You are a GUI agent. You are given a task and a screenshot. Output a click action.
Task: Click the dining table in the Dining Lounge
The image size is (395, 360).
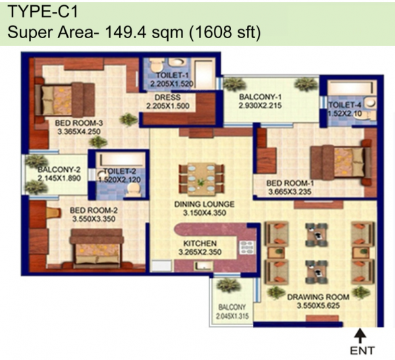pyautogui.click(x=200, y=176)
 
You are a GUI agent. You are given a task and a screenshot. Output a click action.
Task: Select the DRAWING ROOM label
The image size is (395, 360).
pyautogui.click(x=318, y=297)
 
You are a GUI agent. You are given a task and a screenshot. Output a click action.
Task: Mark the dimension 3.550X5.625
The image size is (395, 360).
pyautogui.click(x=318, y=307)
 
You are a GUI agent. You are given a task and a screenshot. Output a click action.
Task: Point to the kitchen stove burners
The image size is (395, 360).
pyautogui.click(x=248, y=247)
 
